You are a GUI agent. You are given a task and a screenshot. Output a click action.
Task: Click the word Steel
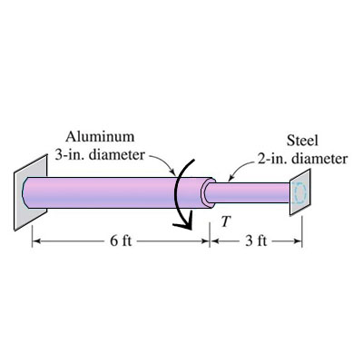(301, 142)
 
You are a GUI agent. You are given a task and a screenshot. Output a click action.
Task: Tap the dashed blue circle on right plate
(301, 192)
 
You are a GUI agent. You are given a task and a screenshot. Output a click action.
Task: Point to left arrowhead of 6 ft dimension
(37, 242)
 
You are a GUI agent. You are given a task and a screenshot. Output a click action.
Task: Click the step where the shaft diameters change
(207, 192)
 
